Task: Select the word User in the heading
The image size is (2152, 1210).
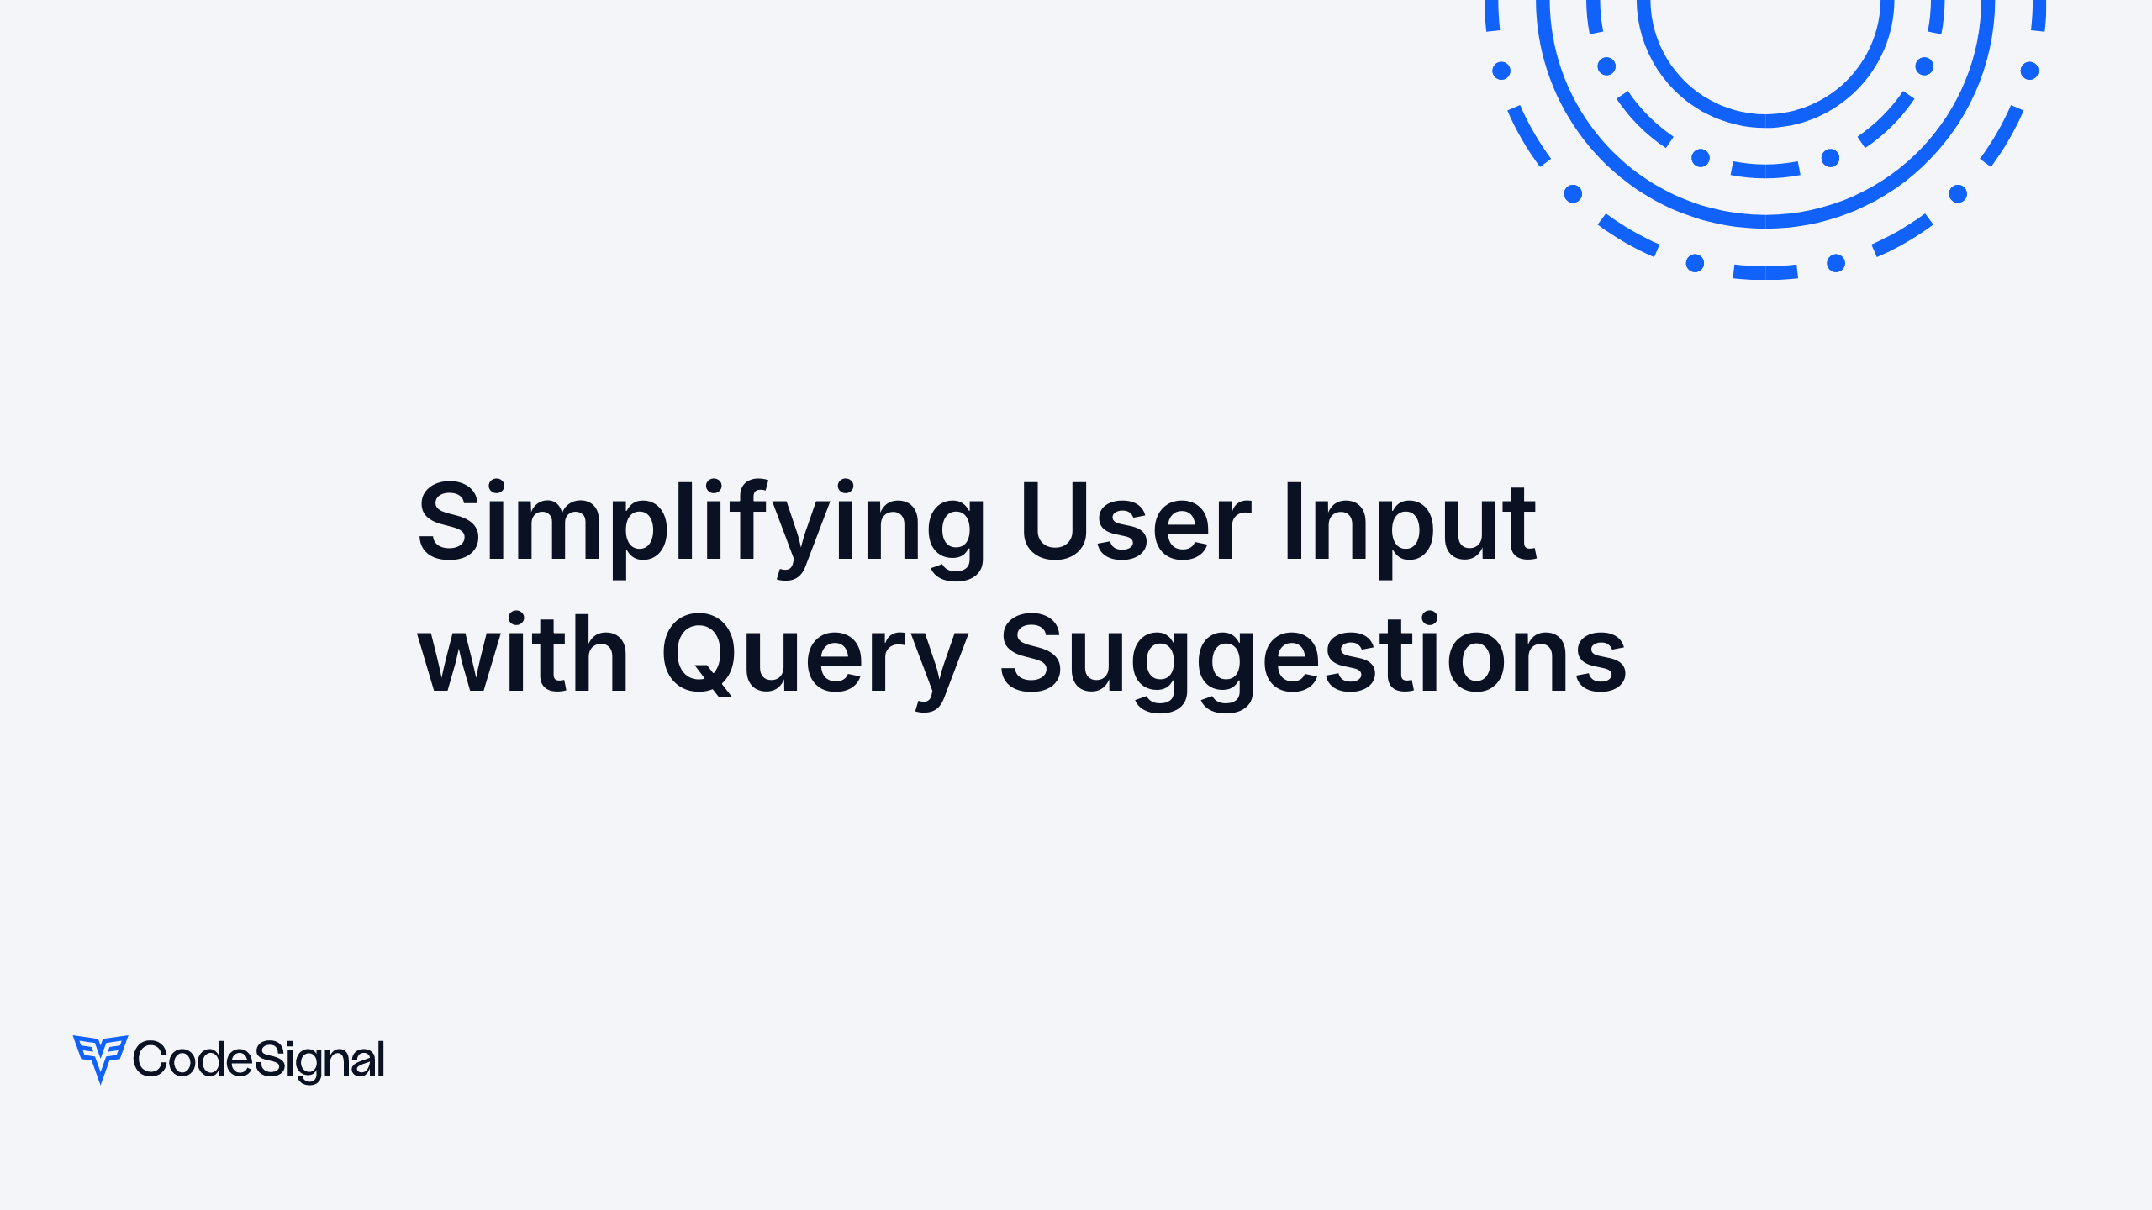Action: click(x=1135, y=523)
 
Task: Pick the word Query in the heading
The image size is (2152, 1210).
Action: click(x=814, y=655)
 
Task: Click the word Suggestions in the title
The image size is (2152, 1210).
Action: click(x=1312, y=655)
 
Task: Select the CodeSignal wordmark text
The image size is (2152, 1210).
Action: click(x=259, y=1060)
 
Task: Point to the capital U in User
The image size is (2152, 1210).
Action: click(x=1055, y=521)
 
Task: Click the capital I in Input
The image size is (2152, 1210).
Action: click(x=1294, y=521)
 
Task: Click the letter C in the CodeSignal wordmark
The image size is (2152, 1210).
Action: click(x=150, y=1059)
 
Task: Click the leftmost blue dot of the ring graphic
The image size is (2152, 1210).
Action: click(x=1501, y=71)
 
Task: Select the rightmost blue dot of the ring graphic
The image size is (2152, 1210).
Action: click(x=2029, y=71)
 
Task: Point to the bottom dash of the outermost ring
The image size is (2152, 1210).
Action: click(x=1765, y=272)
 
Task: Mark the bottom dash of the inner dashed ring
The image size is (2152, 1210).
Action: click(x=1765, y=171)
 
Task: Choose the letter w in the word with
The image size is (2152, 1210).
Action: click(x=453, y=660)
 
